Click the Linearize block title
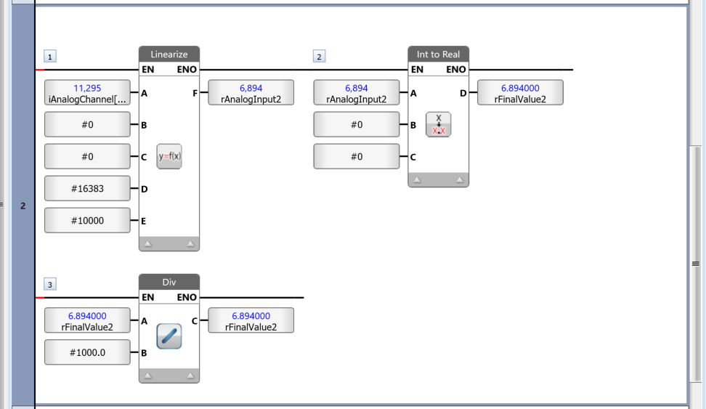click(169, 54)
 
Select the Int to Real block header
click(438, 54)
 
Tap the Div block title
click(169, 282)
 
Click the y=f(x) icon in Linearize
click(169, 156)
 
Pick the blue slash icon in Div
click(169, 336)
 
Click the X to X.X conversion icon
click(439, 124)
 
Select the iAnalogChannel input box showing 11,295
click(87, 93)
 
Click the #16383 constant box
click(87, 188)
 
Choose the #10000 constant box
click(87, 220)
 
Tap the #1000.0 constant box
click(87, 352)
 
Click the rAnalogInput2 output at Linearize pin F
click(251, 93)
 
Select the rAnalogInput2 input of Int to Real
click(357, 93)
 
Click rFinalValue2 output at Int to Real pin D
click(520, 93)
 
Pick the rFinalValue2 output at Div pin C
click(251, 320)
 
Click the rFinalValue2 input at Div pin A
click(87, 320)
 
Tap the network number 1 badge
click(50, 57)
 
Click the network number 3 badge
click(50, 284)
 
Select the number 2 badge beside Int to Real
click(320, 57)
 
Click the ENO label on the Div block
click(187, 297)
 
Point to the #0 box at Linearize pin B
click(87, 124)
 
